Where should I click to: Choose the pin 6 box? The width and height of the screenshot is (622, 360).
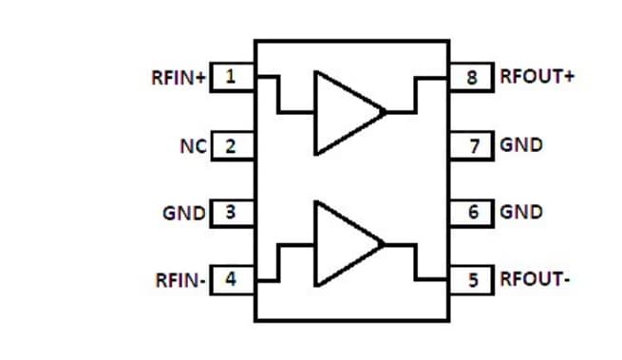pyautogui.click(x=472, y=212)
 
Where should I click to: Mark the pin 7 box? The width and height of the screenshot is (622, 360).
pyautogui.click(x=472, y=146)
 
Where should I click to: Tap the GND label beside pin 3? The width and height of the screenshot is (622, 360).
pyautogui.click(x=183, y=212)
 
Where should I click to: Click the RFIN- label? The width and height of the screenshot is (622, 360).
pyautogui.click(x=180, y=280)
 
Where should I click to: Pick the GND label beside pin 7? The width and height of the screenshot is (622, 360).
pyautogui.click(x=521, y=146)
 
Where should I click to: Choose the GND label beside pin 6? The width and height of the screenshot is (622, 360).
pyautogui.click(x=521, y=212)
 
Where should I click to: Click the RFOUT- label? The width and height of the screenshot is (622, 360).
pyautogui.click(x=535, y=280)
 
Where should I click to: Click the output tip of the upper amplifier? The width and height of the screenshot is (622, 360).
pyautogui.click(x=385, y=112)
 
